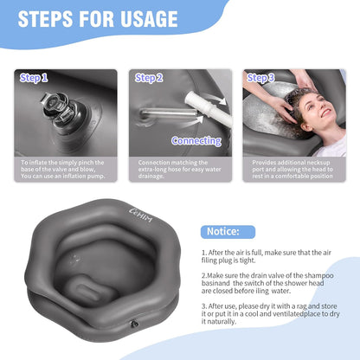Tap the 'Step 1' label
click(x=34, y=78)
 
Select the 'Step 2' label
click(x=148, y=78)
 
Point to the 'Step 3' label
click(x=260, y=78)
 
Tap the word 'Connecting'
click(x=196, y=140)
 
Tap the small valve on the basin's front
click(x=132, y=324)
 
